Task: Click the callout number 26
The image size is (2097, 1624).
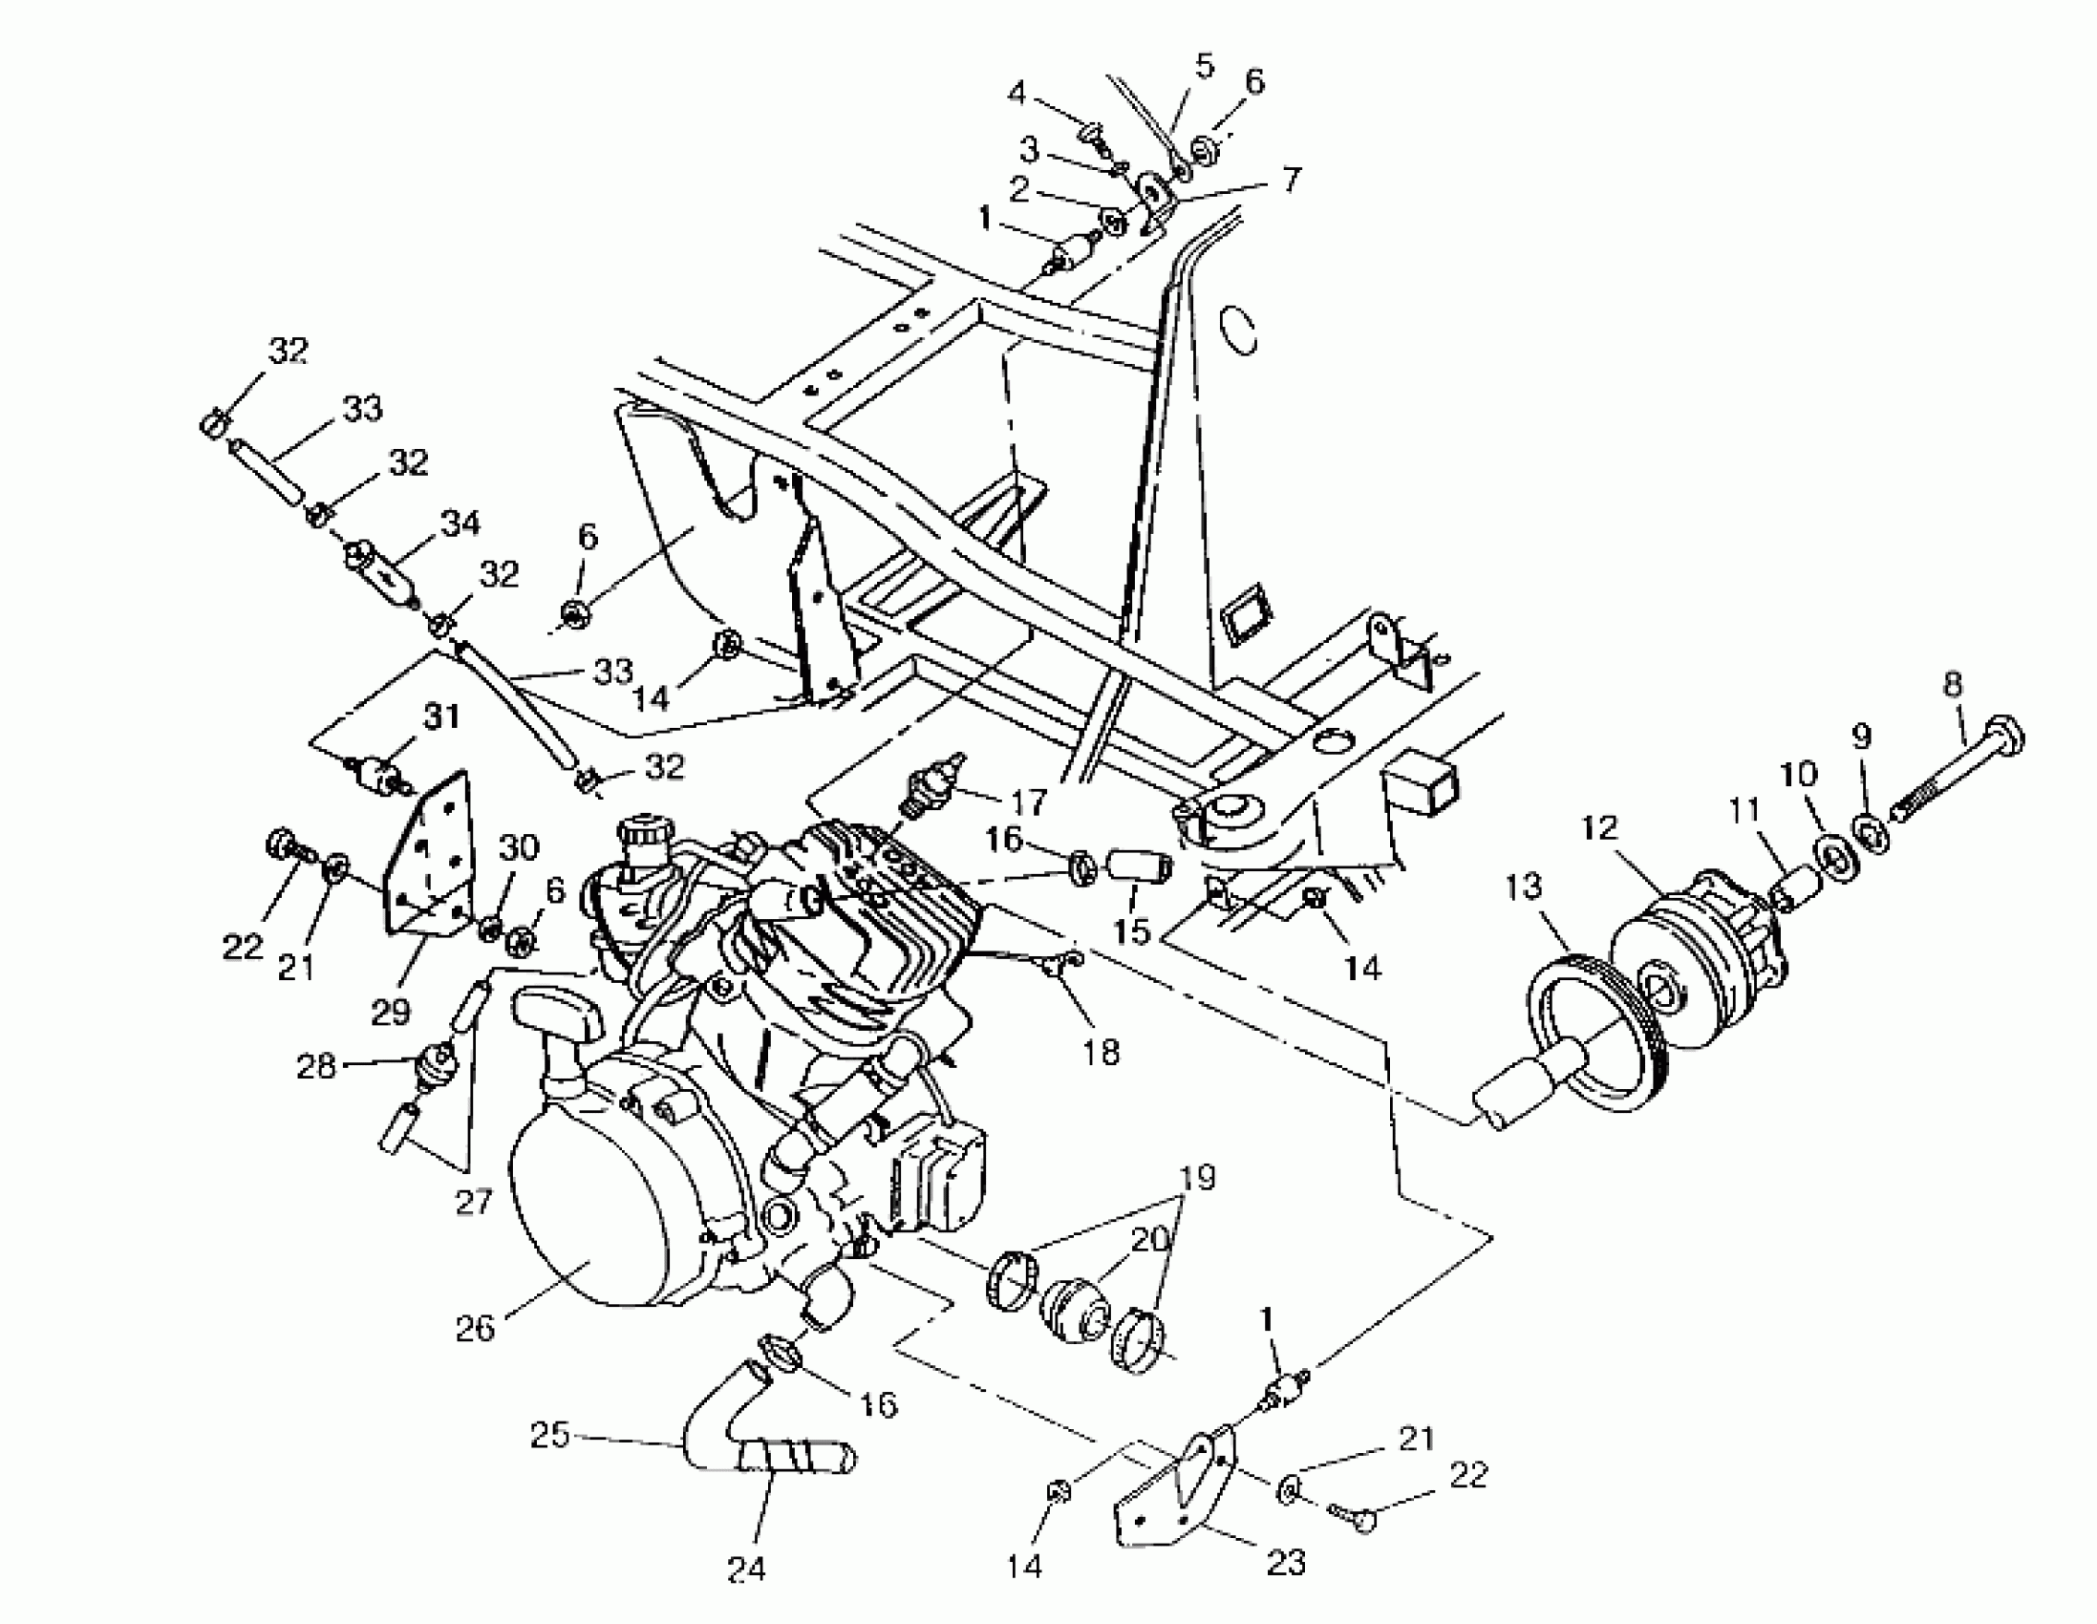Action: pyautogui.click(x=474, y=1328)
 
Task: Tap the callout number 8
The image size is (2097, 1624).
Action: pyautogui.click(x=1951, y=685)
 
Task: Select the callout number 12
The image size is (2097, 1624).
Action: pyautogui.click(x=1598, y=827)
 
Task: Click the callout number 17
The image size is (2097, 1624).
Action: pyautogui.click(x=1029, y=799)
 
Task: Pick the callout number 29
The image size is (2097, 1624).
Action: pyautogui.click(x=391, y=1011)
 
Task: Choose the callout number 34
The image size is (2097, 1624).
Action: pyautogui.click(x=460, y=524)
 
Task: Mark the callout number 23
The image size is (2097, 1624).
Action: pyautogui.click(x=1286, y=1563)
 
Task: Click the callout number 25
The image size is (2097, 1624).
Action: pyautogui.click(x=550, y=1435)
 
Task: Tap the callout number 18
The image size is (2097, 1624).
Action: pyautogui.click(x=1101, y=1053)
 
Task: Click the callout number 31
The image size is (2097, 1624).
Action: pyautogui.click(x=441, y=716)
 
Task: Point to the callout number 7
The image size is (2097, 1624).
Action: pyautogui.click(x=1292, y=179)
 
